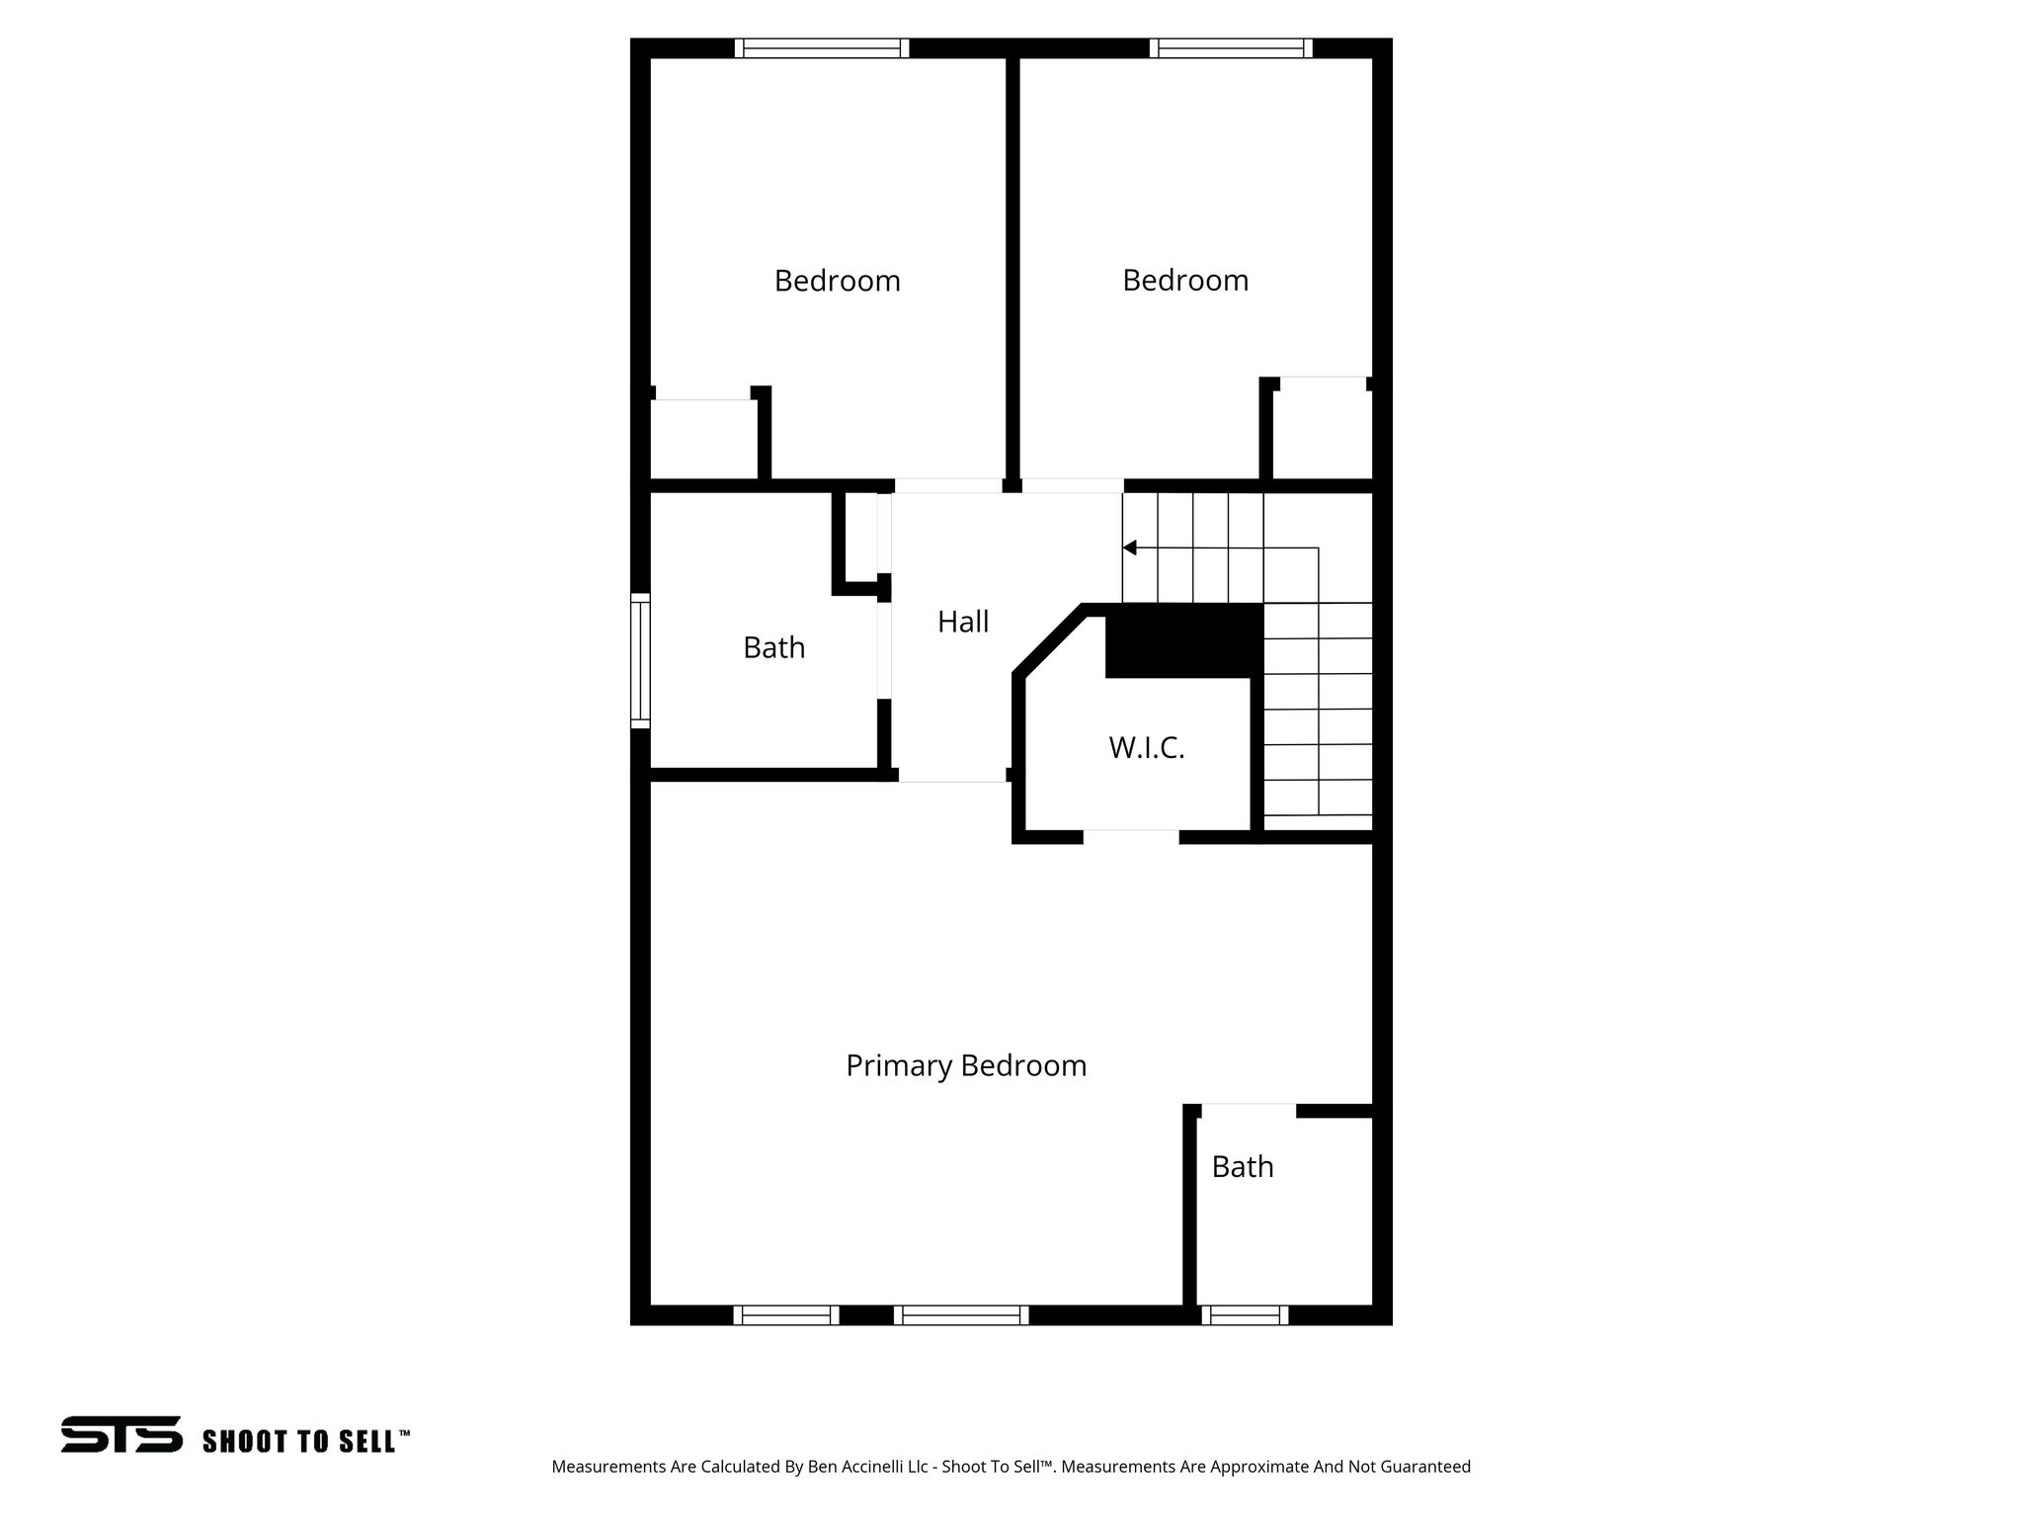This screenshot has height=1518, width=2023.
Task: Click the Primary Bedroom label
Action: click(x=966, y=1065)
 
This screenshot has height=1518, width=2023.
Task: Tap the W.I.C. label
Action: click(x=1146, y=748)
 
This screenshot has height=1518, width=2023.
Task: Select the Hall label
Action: click(x=963, y=622)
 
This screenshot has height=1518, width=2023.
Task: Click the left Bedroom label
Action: click(x=837, y=281)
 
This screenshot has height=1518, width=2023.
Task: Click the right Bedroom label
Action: click(x=1185, y=281)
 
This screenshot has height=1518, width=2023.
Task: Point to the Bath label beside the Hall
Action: click(x=773, y=648)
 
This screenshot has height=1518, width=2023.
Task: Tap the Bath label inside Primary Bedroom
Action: click(x=1242, y=1167)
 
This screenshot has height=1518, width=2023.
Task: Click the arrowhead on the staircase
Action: click(x=1129, y=548)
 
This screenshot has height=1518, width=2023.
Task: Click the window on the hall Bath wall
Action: click(x=640, y=660)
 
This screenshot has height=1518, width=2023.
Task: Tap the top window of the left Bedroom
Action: click(x=822, y=48)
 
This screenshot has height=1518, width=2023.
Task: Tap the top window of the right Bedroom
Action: click(x=1231, y=48)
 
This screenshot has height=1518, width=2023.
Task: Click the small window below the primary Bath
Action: click(x=1245, y=1314)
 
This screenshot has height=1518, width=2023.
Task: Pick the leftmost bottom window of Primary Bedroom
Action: click(x=785, y=1314)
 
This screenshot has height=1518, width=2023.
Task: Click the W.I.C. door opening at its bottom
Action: click(x=1131, y=836)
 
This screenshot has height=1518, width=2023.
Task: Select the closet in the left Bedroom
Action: click(x=703, y=440)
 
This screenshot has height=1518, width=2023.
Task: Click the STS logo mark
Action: click(x=121, y=1434)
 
